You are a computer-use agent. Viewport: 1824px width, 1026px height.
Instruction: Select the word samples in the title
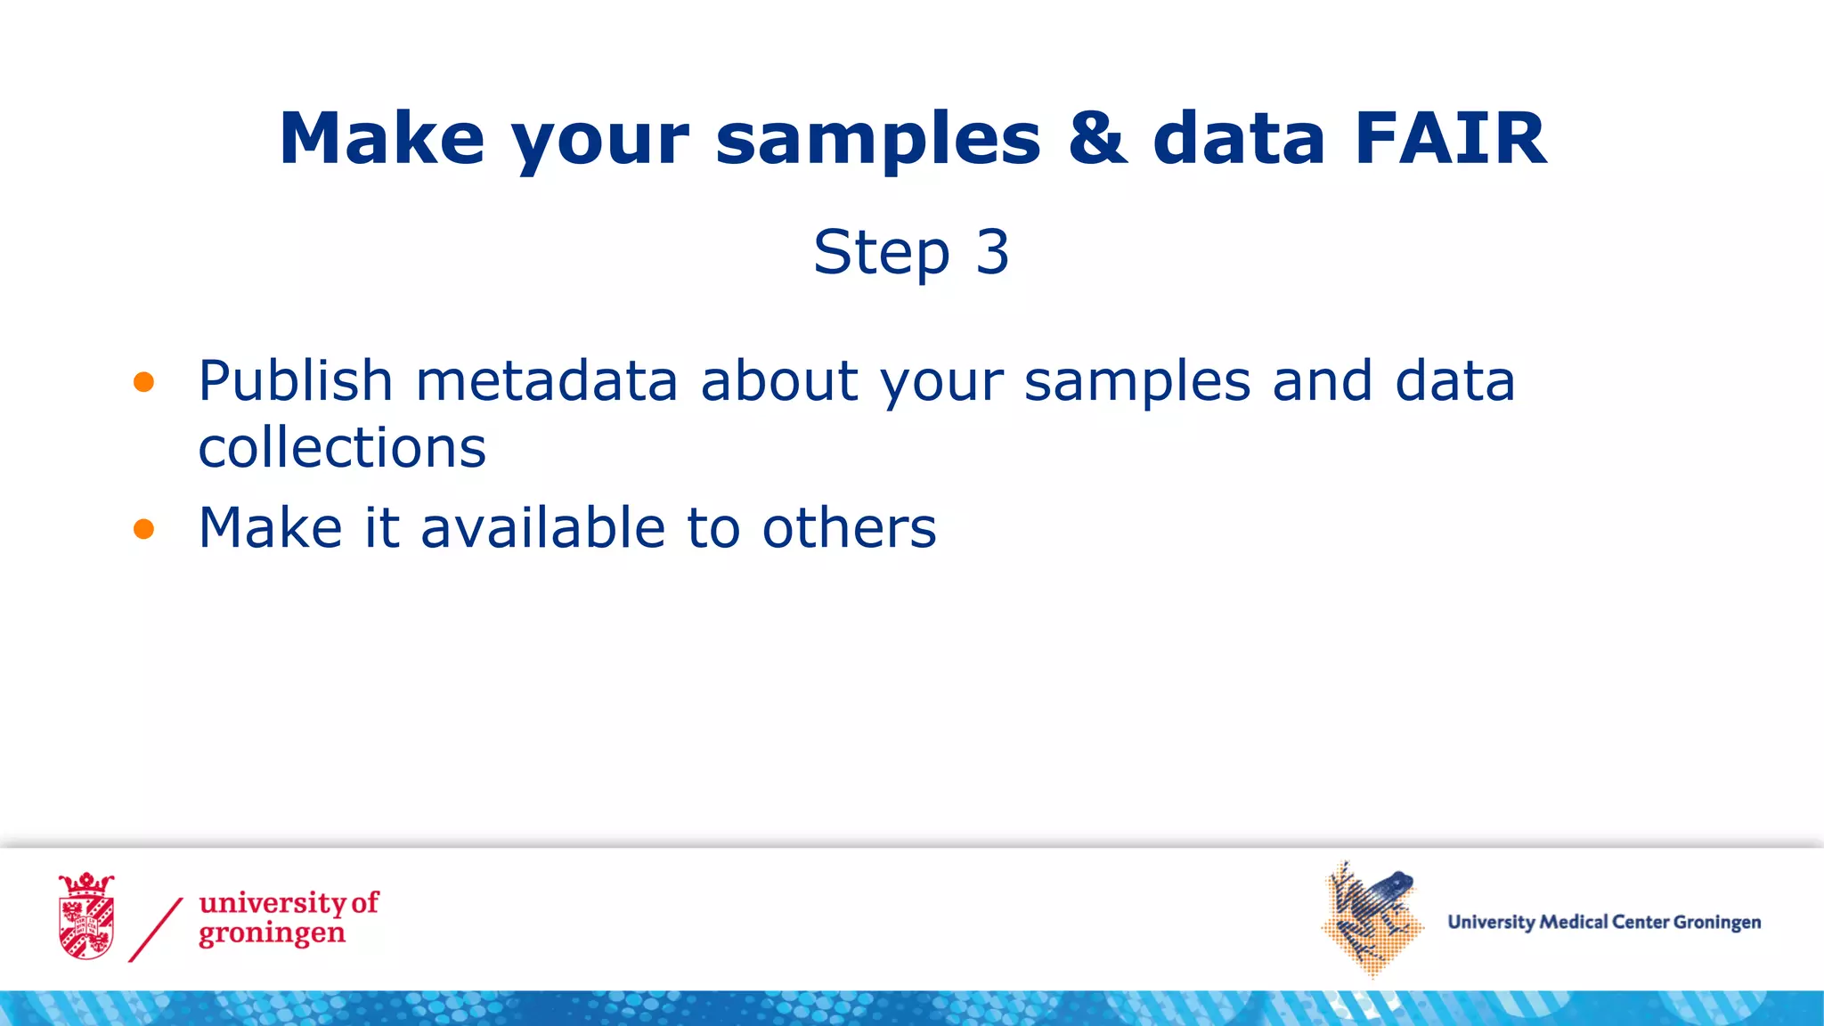pos(877,141)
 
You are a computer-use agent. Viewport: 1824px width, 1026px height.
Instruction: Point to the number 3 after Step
pos(992,252)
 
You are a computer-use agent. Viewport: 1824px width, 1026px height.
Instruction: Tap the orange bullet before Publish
pos(143,383)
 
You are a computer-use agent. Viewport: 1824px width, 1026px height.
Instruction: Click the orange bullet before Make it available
pos(143,530)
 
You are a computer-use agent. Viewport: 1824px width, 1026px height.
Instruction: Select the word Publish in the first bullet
pos(295,381)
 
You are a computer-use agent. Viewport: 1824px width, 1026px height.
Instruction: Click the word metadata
pos(546,381)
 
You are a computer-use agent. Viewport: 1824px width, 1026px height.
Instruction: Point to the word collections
pos(342,447)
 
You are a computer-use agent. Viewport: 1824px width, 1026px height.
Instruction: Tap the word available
pos(542,527)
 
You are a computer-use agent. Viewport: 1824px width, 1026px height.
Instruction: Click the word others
pos(849,527)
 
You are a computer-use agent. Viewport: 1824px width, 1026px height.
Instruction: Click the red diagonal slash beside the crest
pos(156,930)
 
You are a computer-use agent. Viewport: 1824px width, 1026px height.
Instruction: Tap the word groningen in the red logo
pos(272,934)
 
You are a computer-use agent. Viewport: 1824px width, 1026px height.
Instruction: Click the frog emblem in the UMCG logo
pos(1371,917)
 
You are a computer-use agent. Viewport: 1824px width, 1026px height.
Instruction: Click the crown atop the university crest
pos(86,883)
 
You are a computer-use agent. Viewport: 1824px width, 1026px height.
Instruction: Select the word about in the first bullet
pos(779,381)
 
